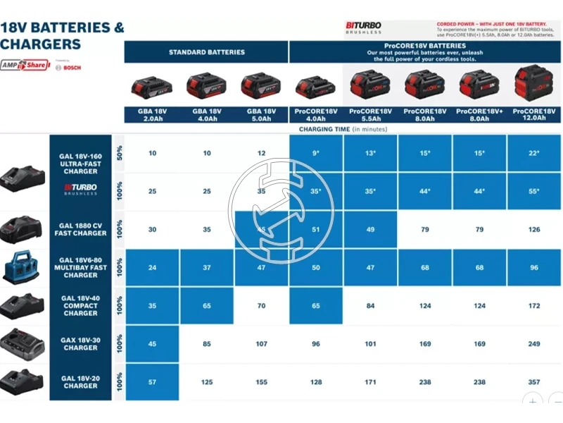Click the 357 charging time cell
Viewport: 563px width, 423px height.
click(x=534, y=382)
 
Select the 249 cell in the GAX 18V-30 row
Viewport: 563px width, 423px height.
click(x=534, y=344)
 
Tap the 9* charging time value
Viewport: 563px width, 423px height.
click(x=316, y=153)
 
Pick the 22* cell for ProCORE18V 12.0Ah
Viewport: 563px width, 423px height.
click(x=534, y=153)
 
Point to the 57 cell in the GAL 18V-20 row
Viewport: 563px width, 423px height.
click(x=153, y=382)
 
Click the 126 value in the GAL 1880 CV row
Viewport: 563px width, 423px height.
click(x=534, y=229)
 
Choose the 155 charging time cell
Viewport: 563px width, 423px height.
click(x=261, y=382)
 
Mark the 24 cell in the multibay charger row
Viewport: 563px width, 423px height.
click(x=153, y=268)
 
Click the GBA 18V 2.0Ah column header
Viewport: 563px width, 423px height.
click(x=151, y=115)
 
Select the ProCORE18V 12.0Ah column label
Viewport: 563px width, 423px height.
click(x=534, y=115)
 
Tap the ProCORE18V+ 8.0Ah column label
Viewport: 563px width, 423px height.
click(x=479, y=115)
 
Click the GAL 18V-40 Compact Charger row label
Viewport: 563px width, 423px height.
click(x=80, y=306)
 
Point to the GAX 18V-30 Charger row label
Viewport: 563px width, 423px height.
click(x=80, y=344)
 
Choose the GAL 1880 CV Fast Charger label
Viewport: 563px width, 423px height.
click(x=80, y=229)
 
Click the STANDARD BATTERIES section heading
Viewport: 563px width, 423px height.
click(x=206, y=52)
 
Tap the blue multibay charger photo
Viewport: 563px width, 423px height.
click(x=23, y=268)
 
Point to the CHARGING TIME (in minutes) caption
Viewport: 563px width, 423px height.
click(x=343, y=129)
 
